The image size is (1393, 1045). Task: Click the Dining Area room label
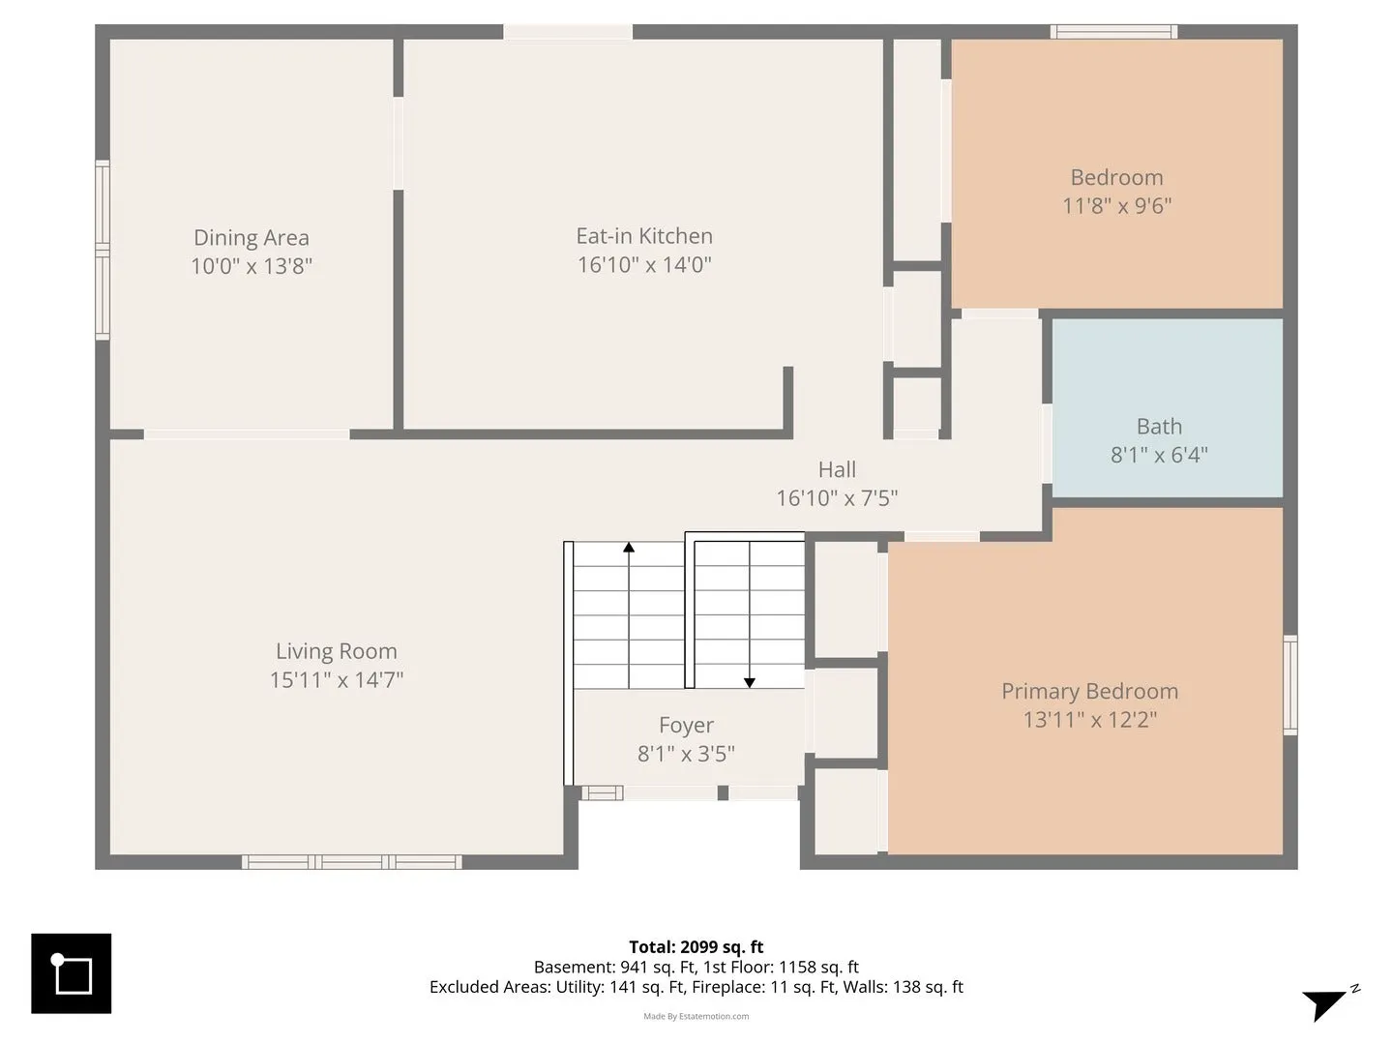click(x=252, y=237)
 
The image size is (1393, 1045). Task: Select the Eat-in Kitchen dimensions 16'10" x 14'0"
click(x=644, y=264)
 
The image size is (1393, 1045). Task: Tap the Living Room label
click(x=337, y=651)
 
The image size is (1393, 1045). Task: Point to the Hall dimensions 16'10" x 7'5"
click(x=837, y=498)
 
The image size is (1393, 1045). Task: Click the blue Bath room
click(x=1167, y=408)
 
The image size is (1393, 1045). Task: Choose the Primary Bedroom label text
click(x=1089, y=691)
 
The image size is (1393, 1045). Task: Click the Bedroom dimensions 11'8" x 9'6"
click(x=1117, y=206)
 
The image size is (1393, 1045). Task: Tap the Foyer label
click(x=686, y=725)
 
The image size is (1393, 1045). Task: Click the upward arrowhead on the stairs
click(x=628, y=547)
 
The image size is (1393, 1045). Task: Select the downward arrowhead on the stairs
click(x=750, y=683)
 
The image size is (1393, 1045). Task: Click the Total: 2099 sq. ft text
click(x=696, y=946)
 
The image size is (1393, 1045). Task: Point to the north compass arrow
click(x=1324, y=1003)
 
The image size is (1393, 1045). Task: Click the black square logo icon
click(x=71, y=973)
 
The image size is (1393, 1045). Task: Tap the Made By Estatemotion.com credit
click(x=696, y=1016)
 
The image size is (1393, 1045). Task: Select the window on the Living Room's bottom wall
click(x=351, y=861)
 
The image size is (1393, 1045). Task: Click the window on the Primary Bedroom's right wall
click(x=1290, y=685)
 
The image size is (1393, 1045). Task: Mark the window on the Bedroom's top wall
click(x=1113, y=32)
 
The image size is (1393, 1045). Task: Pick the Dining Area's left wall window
click(x=103, y=250)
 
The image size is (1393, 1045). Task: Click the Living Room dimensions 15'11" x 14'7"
click(x=337, y=680)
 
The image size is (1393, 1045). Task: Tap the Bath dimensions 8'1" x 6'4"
click(x=1159, y=455)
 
